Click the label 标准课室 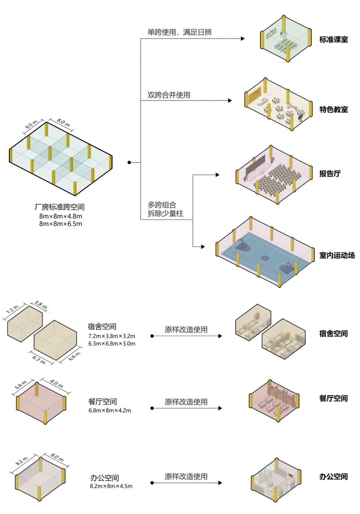pyautogui.click(x=333, y=39)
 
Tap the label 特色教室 pyautogui.click(x=333, y=109)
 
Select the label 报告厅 pyautogui.click(x=330, y=174)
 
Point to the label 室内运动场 pyautogui.click(x=337, y=255)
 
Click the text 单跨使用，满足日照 pyautogui.click(x=179, y=32)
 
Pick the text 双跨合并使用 pyautogui.click(x=169, y=95)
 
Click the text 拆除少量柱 pyautogui.click(x=166, y=214)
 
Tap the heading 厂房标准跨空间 pyautogui.click(x=60, y=207)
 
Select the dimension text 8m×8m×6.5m pyautogui.click(x=61, y=224)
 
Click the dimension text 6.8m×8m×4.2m pyautogui.click(x=110, y=411)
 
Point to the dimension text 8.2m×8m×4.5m pyautogui.click(x=111, y=486)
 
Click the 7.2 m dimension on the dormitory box pyautogui.click(x=12, y=311)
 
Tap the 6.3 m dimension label pyautogui.click(x=39, y=360)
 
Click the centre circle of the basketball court pyautogui.click(x=265, y=258)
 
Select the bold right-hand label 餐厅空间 pyautogui.click(x=333, y=398)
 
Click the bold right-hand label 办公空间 pyautogui.click(x=333, y=477)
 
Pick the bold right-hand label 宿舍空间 pyautogui.click(x=333, y=334)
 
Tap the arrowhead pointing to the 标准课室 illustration pyautogui.click(x=243, y=39)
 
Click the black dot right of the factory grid pyautogui.click(x=129, y=162)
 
